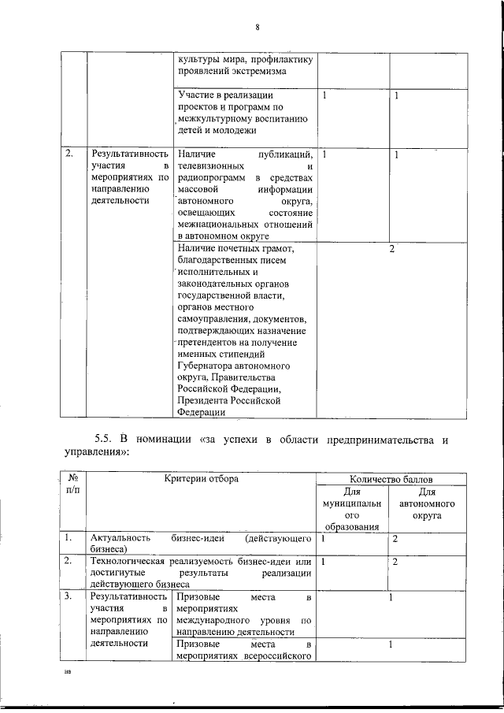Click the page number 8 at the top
[257, 28]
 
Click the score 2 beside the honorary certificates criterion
[391, 249]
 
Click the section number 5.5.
[105, 439]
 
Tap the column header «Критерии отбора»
[202, 479]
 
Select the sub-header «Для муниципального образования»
[350, 509]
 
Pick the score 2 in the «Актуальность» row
[395, 538]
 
